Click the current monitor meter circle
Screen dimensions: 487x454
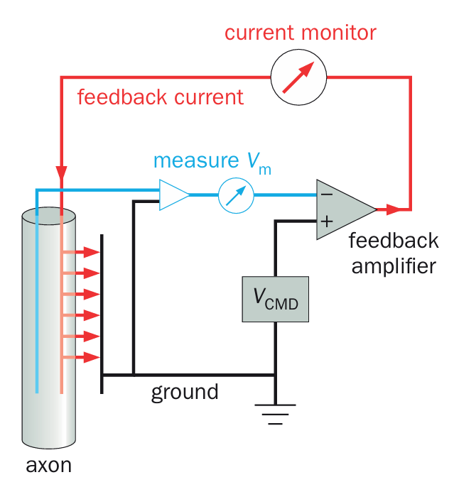pyautogui.click(x=298, y=78)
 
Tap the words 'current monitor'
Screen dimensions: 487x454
pyautogui.click(x=301, y=33)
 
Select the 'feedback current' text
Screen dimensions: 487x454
pyautogui.click(x=160, y=97)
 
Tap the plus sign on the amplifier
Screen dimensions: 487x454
pyautogui.click(x=326, y=221)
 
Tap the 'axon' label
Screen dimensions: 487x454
pyautogui.click(x=48, y=466)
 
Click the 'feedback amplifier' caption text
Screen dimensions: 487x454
pyautogui.click(x=393, y=253)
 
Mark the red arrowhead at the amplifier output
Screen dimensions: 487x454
pyautogui.click(x=392, y=209)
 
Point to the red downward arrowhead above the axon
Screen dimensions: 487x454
pyautogui.click(x=62, y=175)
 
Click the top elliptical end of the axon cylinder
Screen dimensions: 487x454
pyautogui.click(x=48, y=216)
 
